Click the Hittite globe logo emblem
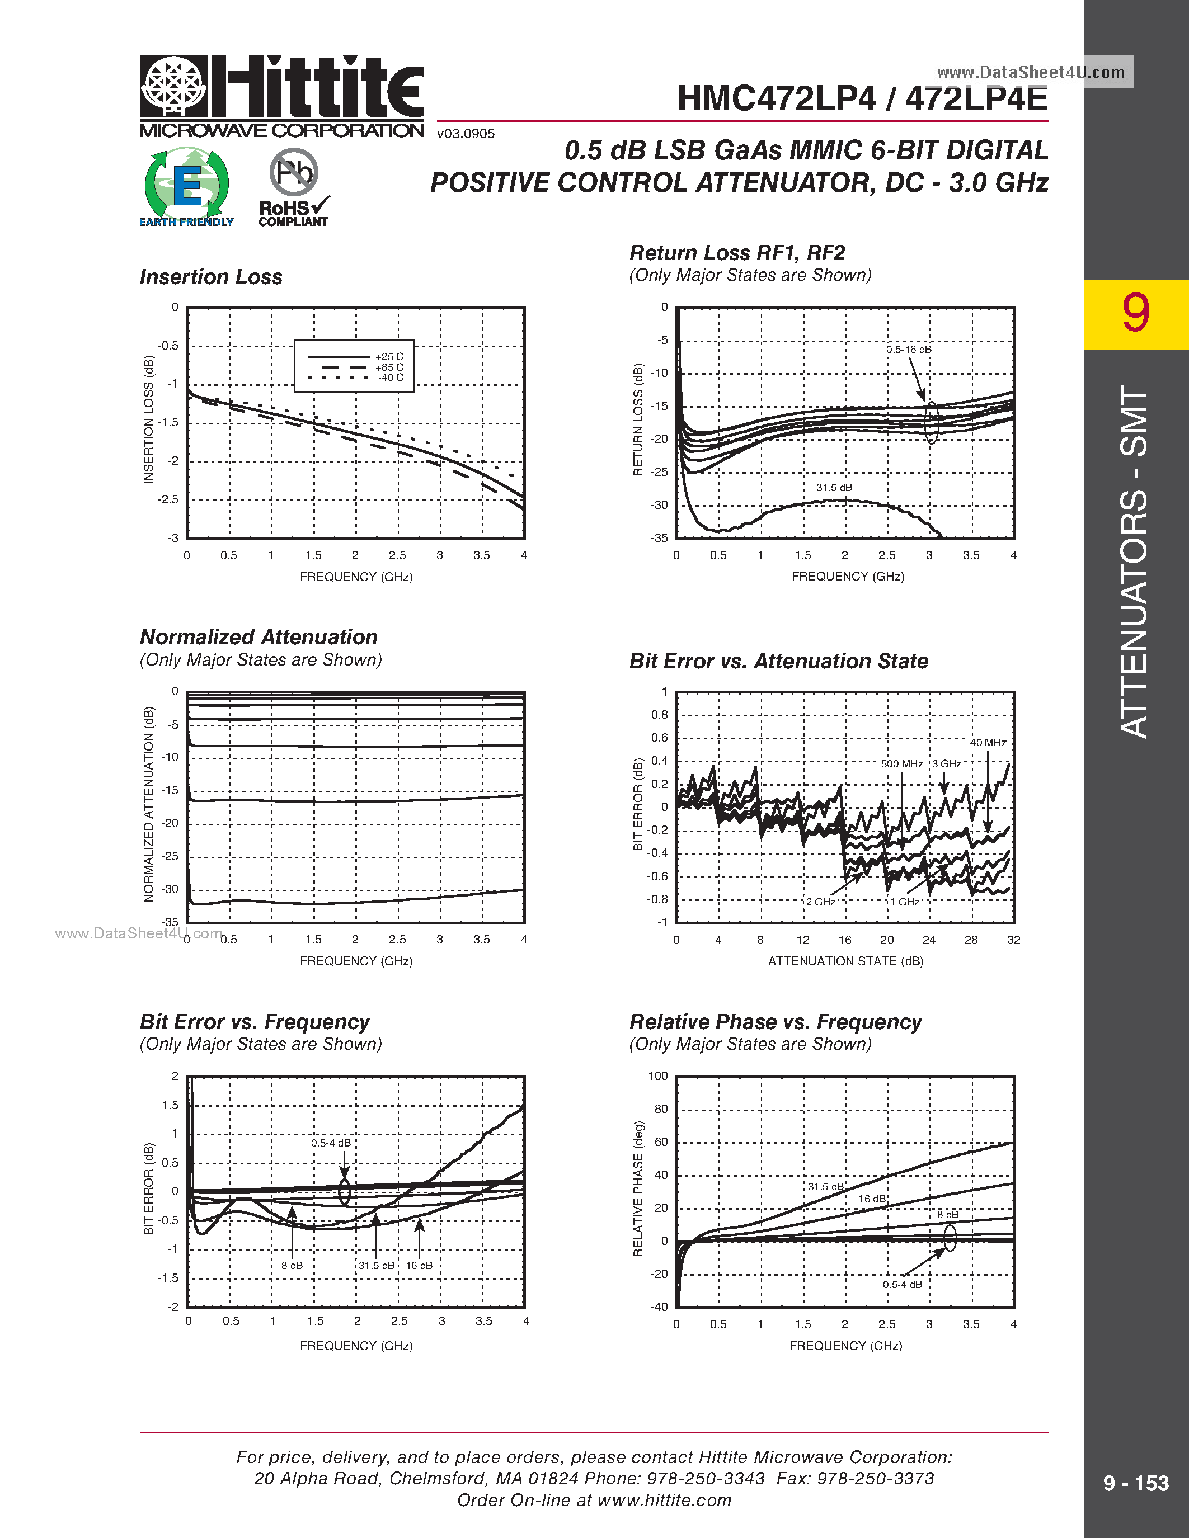[174, 86]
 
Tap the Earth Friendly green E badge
[187, 185]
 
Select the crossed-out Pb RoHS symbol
[294, 172]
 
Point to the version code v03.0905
[466, 134]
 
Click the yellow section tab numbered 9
[1135, 314]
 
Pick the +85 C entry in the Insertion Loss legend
[389, 367]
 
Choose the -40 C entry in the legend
[390, 378]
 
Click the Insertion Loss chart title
[210, 277]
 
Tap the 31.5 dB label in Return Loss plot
[834, 487]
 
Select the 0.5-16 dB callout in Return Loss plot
[908, 350]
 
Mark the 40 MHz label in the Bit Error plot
[988, 742]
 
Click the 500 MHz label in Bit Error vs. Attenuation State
[901, 763]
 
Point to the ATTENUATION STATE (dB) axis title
[845, 960]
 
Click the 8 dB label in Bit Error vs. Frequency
[292, 1266]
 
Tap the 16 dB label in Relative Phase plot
[871, 1199]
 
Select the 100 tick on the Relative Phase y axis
[658, 1076]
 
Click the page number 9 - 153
[1135, 1484]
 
